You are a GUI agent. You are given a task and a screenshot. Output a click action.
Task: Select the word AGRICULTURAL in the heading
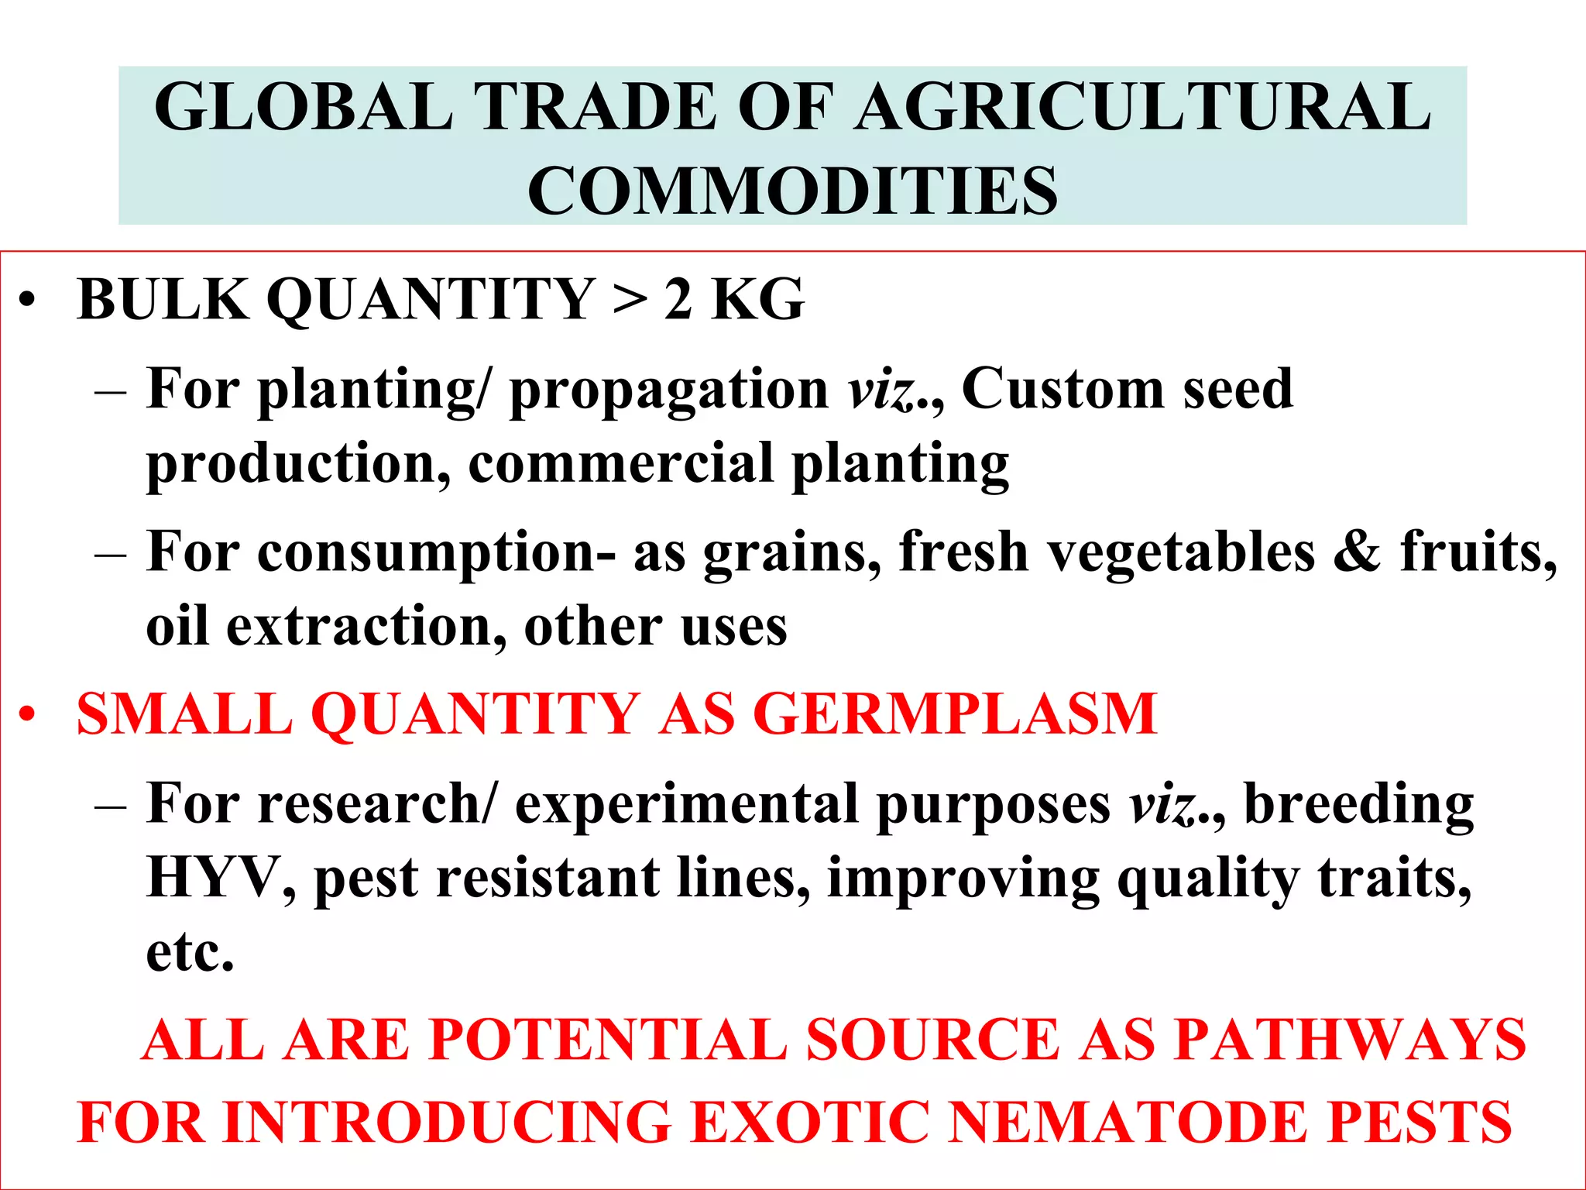pos(1144,107)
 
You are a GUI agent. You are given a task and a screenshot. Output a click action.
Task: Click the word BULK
pos(163,299)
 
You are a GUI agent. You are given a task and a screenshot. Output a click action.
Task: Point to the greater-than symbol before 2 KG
pos(630,301)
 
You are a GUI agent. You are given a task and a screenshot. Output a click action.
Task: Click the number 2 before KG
pos(678,299)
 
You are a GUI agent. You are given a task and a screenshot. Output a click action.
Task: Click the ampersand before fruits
pos(1356,552)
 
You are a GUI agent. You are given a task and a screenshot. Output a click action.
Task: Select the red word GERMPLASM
pos(955,714)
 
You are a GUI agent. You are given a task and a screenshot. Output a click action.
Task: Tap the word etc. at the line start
pos(190,952)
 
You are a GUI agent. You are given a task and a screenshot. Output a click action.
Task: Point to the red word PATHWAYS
pos(1348,1039)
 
